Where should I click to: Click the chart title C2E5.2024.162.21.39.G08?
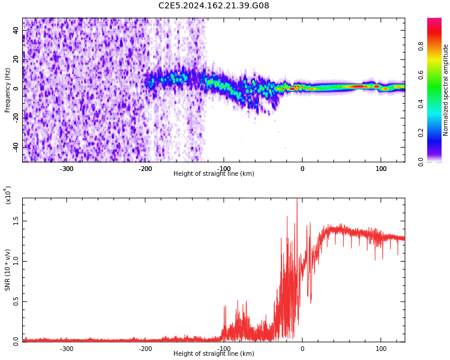tap(214, 6)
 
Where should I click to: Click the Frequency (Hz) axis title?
tap(8, 90)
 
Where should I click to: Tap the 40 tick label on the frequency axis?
tap(16, 31)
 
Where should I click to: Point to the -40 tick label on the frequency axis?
tap(15, 147)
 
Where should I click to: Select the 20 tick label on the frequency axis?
tap(16, 59)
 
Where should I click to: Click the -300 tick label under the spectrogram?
tap(66, 169)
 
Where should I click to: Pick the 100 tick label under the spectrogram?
tap(381, 169)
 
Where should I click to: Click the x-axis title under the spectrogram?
tap(214, 174)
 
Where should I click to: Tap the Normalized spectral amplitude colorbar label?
tap(446, 90)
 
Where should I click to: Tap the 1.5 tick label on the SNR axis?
tap(16, 221)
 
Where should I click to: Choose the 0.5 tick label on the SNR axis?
tap(16, 301)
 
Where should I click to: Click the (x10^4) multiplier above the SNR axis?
tap(8, 195)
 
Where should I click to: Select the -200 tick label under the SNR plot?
tap(145, 349)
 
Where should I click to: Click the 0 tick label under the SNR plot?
tap(302, 349)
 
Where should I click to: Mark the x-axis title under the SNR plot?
tap(214, 354)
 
